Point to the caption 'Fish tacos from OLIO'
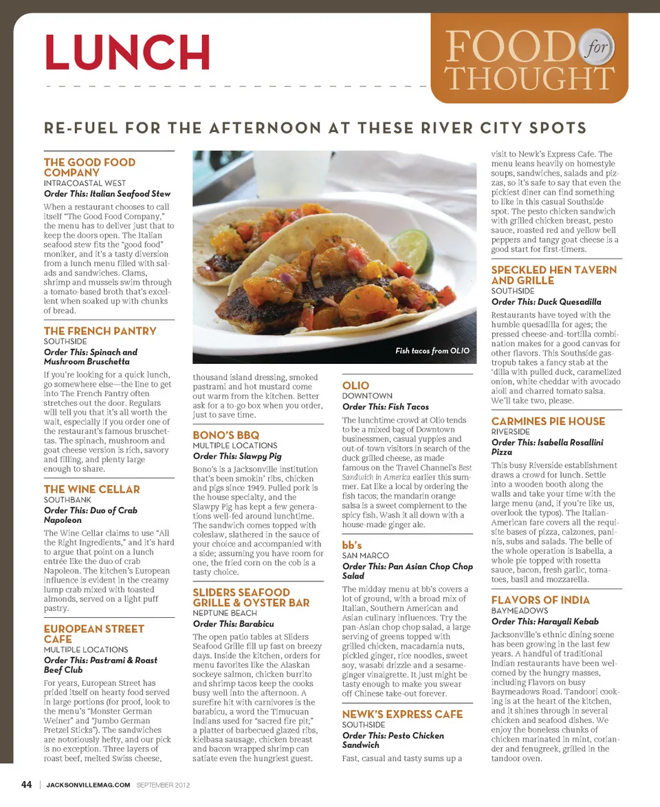click(432, 351)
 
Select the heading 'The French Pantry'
click(100, 331)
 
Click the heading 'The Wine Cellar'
click(92, 489)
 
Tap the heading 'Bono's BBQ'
click(226, 435)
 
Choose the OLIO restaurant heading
click(355, 385)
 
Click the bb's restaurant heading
click(352, 544)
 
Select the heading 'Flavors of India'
click(540, 600)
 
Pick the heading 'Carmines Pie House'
click(548, 421)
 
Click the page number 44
click(26, 784)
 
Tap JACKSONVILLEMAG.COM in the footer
click(88, 784)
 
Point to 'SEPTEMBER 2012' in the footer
click(163, 784)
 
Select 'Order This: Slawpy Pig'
click(237, 456)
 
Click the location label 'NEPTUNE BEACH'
click(225, 613)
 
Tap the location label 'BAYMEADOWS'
click(519, 611)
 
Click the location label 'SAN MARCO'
click(365, 555)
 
